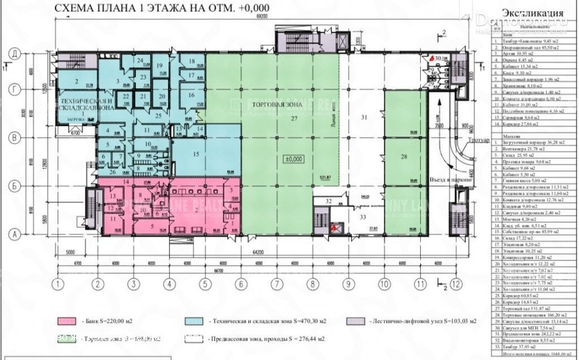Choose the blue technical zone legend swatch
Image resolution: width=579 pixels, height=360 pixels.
pyautogui.click(x=194, y=321)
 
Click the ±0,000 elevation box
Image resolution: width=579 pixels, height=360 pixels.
pyautogui.click(x=294, y=159)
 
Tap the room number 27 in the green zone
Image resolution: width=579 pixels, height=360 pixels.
pyautogui.click(x=293, y=119)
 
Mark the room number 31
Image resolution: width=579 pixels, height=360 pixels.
pyautogui.click(x=365, y=117)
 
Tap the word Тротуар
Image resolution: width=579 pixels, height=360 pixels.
pyautogui.click(x=469, y=138)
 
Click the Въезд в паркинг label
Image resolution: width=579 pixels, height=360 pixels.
pyautogui.click(x=451, y=180)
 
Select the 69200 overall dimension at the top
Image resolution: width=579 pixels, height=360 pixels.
pyautogui.click(x=260, y=19)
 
